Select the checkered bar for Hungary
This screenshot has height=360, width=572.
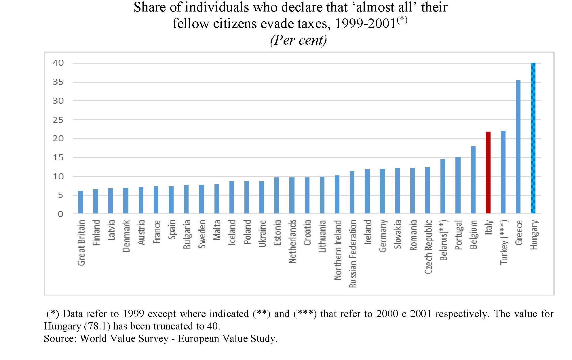pyautogui.click(x=533, y=138)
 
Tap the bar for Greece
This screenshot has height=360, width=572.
pyautogui.click(x=518, y=147)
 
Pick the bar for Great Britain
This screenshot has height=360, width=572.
pyautogui.click(x=81, y=202)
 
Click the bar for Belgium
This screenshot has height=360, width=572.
pyautogui.click(x=473, y=180)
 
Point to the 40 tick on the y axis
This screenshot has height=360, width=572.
pyautogui.click(x=58, y=63)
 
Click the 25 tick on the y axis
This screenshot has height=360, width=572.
pyautogui.click(x=58, y=120)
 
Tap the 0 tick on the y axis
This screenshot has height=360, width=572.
pyautogui.click(x=60, y=214)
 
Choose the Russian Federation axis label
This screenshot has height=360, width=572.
pyautogui.click(x=353, y=253)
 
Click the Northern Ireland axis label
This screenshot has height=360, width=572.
pyautogui.click(x=338, y=250)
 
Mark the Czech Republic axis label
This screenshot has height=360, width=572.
pyautogui.click(x=428, y=247)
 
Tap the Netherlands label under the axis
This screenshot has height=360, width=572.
pyautogui.click(x=292, y=241)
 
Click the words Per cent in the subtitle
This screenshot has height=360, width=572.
pyautogui.click(x=299, y=40)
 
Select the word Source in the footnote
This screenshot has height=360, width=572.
pyautogui.click(x=59, y=338)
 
